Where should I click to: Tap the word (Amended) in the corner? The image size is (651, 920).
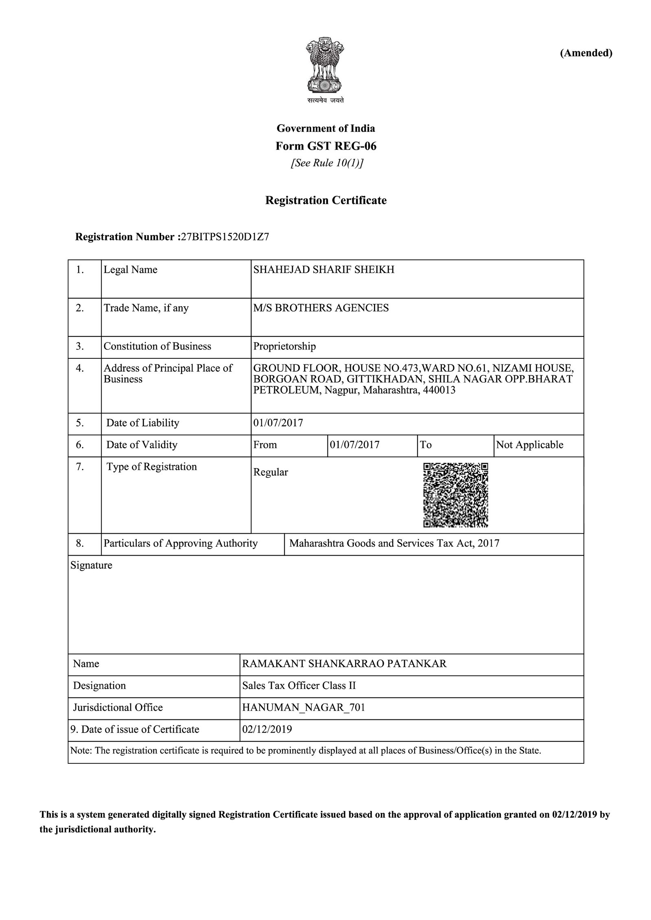coord(586,53)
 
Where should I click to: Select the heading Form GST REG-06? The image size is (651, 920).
coord(325,146)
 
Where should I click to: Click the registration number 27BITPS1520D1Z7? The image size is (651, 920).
coord(225,237)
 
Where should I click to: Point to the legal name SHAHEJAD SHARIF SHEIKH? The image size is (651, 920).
coord(324,270)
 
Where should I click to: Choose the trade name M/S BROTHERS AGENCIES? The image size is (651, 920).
coord(321,308)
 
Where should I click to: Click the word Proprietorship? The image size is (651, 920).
coord(284,346)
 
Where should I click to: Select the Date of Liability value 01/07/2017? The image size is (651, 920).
coord(278,423)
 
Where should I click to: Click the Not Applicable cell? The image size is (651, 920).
coord(529,445)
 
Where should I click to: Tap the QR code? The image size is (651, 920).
coord(455,495)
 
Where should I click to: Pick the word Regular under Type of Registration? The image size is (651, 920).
coord(271,472)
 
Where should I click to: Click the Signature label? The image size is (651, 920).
coord(91,565)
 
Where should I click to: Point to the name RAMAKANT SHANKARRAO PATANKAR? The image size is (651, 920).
coord(344,663)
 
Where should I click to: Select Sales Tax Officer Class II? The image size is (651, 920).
coord(299,685)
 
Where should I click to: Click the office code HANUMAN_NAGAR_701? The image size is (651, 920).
coord(304,707)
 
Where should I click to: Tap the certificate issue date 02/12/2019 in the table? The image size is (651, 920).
coord(267,729)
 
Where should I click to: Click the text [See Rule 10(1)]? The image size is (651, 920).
coord(326,163)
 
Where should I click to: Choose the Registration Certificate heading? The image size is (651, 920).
coord(325,200)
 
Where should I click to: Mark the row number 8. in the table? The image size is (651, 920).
coord(80,543)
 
